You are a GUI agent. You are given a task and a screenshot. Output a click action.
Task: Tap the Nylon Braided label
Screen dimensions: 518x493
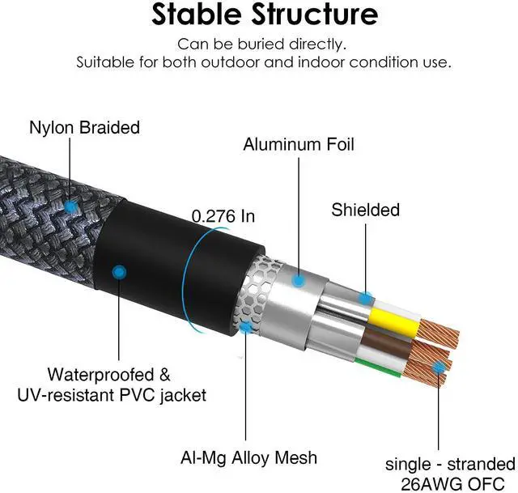point(84,128)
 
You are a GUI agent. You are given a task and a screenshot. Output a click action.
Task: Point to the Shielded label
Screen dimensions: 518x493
point(365,210)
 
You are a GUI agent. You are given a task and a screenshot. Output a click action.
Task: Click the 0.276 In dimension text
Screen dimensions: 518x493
point(223,216)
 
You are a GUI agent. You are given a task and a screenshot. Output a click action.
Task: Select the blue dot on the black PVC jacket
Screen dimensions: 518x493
point(120,272)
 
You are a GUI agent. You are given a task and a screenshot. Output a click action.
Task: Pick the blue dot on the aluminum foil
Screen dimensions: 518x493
point(299,281)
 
